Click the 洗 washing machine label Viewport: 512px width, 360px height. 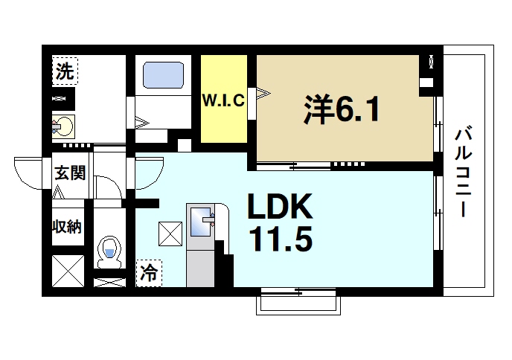65,72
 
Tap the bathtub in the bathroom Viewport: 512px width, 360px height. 163,75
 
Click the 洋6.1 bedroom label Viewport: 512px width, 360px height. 342,109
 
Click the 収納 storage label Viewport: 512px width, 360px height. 66,226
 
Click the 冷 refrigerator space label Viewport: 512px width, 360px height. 149,273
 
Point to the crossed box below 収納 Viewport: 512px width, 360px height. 67,269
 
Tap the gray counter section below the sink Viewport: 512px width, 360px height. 199,266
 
